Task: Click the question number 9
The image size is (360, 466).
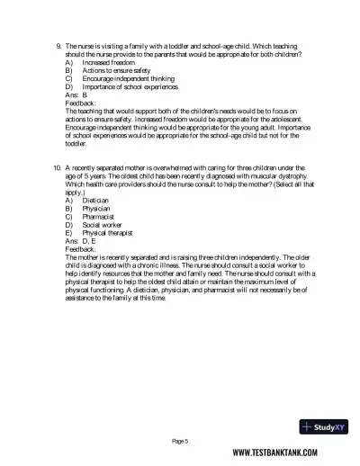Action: pos(58,45)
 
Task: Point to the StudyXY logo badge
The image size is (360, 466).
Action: pos(323,426)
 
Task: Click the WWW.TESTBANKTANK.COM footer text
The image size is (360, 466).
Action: pos(285,454)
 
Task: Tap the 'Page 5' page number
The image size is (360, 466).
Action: pos(180,441)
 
